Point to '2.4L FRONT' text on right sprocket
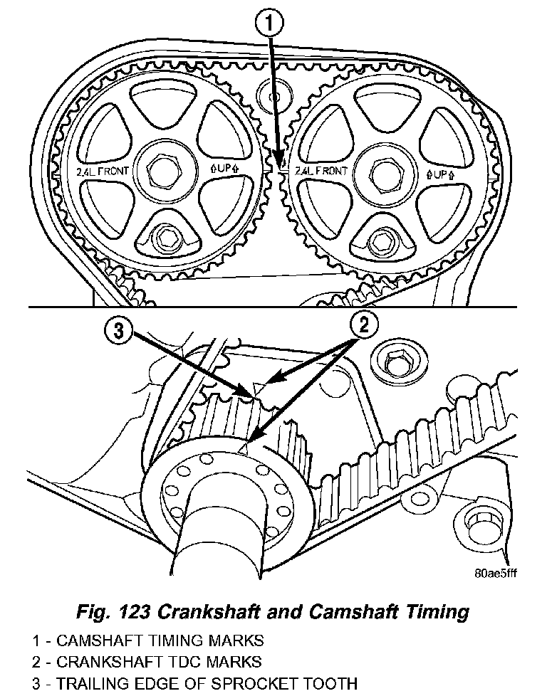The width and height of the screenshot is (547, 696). point(321,172)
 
